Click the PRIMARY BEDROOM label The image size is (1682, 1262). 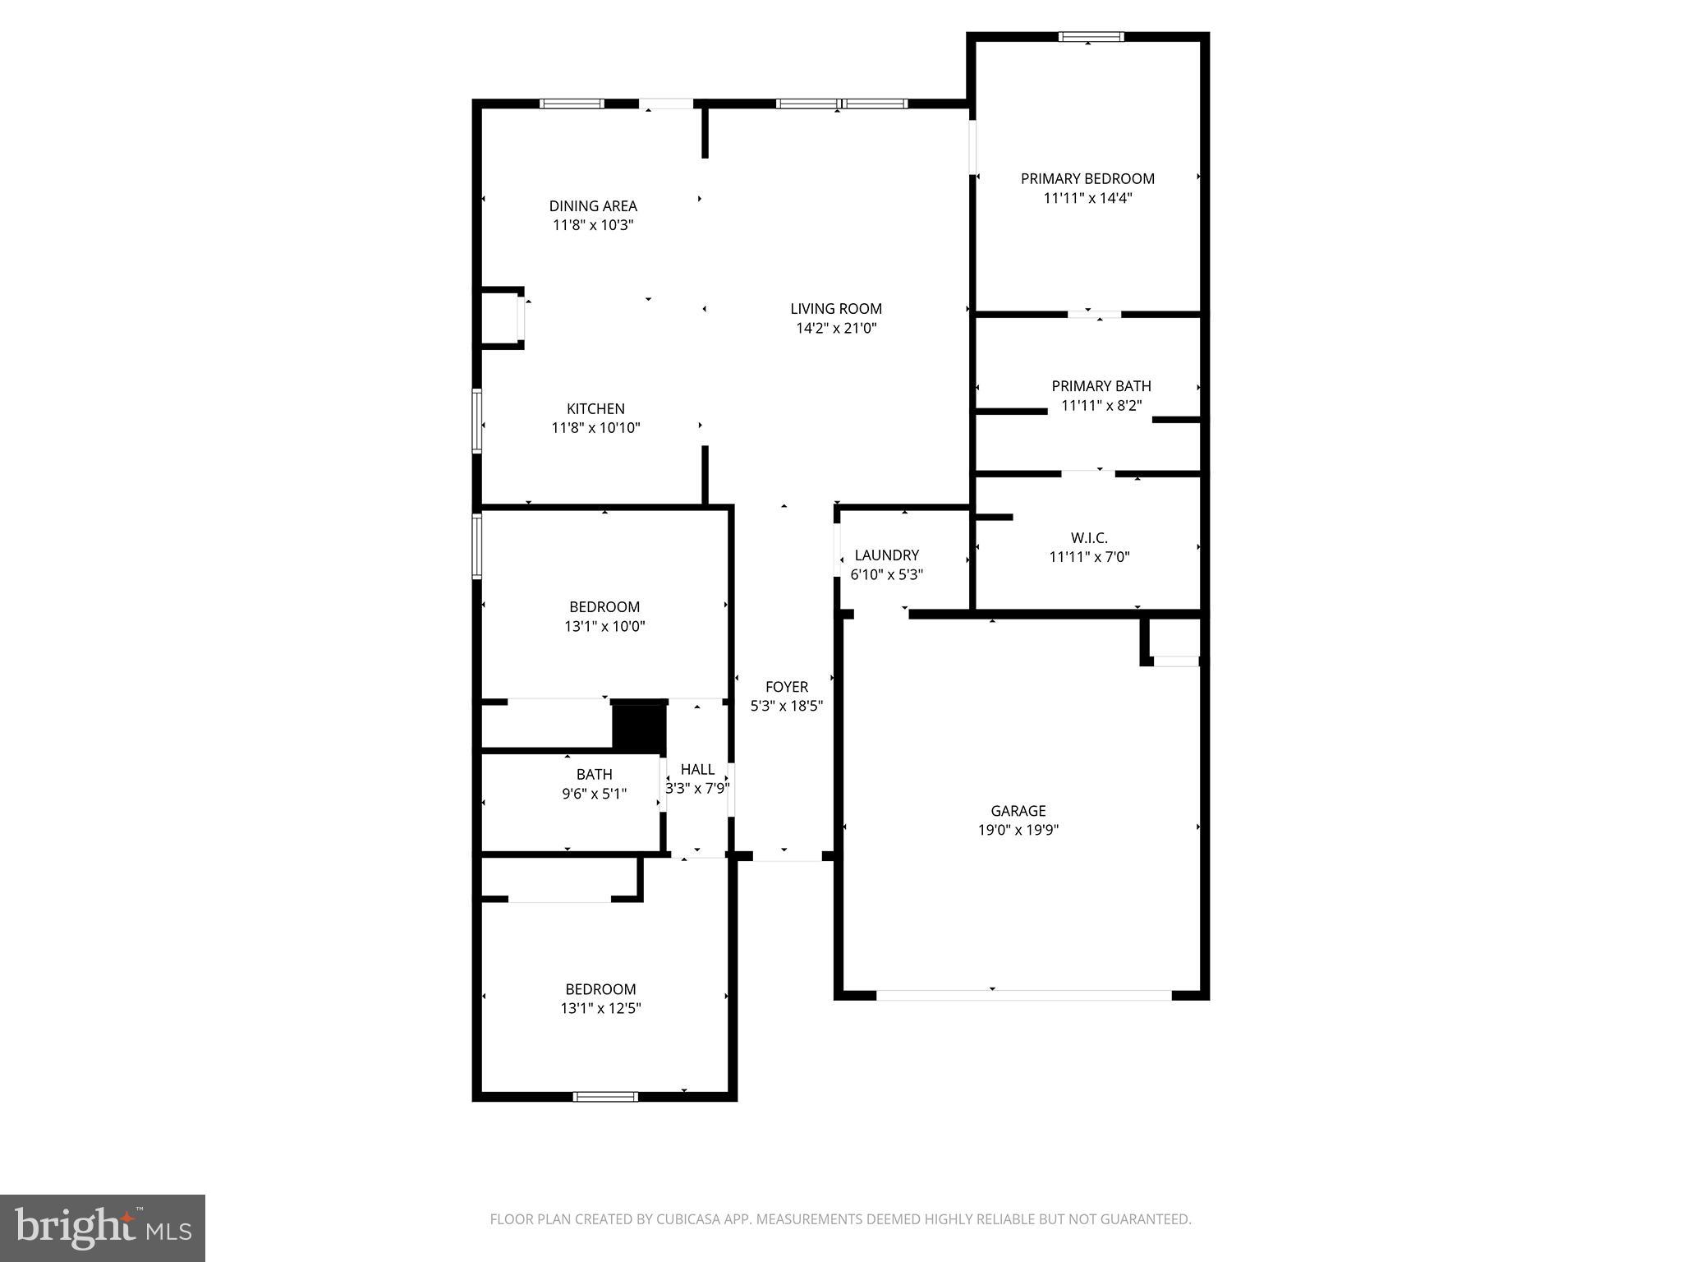pyautogui.click(x=1087, y=178)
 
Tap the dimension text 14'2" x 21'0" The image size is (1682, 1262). pyautogui.click(x=836, y=328)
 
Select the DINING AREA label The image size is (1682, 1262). pyautogui.click(x=593, y=205)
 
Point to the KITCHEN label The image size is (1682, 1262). pyautogui.click(x=595, y=408)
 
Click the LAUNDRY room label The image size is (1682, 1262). pyautogui.click(x=886, y=555)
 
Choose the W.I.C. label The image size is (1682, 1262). pyautogui.click(x=1089, y=537)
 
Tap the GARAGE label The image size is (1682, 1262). pyautogui.click(x=1018, y=810)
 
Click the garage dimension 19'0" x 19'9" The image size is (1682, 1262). pyautogui.click(x=1018, y=830)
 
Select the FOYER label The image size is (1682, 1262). pyautogui.click(x=786, y=686)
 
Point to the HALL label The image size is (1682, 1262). pyautogui.click(x=697, y=769)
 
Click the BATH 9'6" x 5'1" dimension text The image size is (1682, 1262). pyautogui.click(x=594, y=794)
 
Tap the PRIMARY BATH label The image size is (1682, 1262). pyautogui.click(x=1101, y=385)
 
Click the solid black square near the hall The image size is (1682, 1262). pyautogui.click(x=638, y=726)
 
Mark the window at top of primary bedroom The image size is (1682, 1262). pyautogui.click(x=1091, y=36)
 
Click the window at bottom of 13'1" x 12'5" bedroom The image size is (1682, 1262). pyautogui.click(x=605, y=1096)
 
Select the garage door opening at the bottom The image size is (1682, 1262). pyautogui.click(x=1023, y=995)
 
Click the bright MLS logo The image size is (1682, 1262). pyautogui.click(x=103, y=1227)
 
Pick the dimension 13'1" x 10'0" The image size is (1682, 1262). pyautogui.click(x=604, y=626)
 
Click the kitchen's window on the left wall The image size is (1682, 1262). pyautogui.click(x=476, y=421)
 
